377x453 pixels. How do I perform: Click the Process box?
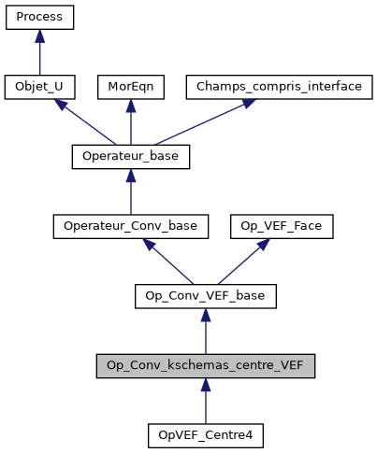(x=39, y=17)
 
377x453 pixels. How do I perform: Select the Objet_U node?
(x=39, y=87)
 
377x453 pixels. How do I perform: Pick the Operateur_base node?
(x=131, y=157)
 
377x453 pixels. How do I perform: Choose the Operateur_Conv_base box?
(x=131, y=226)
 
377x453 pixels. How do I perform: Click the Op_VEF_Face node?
(x=269, y=226)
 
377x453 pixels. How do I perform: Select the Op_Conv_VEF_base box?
(x=206, y=296)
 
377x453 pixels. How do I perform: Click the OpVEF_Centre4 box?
(x=206, y=435)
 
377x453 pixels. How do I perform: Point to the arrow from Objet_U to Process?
(x=39, y=54)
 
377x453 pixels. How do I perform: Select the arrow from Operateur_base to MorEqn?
(x=131, y=124)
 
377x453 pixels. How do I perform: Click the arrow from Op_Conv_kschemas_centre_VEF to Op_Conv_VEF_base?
(x=206, y=333)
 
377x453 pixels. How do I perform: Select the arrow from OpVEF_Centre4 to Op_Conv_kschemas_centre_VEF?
(x=206, y=403)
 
